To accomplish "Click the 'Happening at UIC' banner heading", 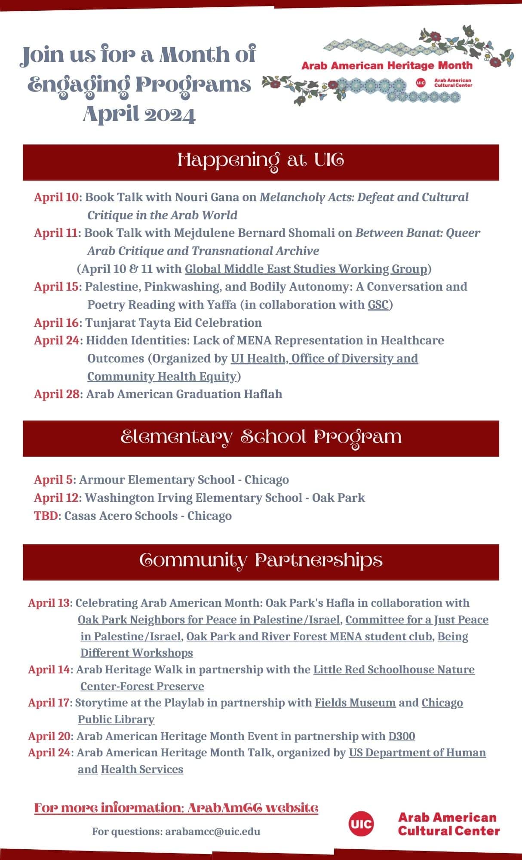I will coord(261,161).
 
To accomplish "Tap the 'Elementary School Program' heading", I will coord(261,438).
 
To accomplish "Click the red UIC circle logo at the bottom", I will coord(361,823).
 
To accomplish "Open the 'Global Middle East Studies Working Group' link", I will coord(306,269).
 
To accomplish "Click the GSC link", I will coord(378,305).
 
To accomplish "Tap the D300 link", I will coord(402,736).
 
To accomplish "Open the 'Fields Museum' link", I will coord(355,703).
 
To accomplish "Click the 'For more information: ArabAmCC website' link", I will coord(176,808).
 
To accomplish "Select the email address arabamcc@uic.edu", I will coord(213,831).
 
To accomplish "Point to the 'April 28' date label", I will coord(57,394).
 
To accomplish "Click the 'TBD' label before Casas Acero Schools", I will coord(46,516).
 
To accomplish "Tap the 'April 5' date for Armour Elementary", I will coord(53,480).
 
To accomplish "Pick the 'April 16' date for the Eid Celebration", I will coord(57,323).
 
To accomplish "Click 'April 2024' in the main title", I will coord(139,114).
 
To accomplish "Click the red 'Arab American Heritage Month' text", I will coord(387,66).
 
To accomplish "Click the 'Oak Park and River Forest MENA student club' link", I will coord(309,636).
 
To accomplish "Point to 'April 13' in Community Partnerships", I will coord(48,603).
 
